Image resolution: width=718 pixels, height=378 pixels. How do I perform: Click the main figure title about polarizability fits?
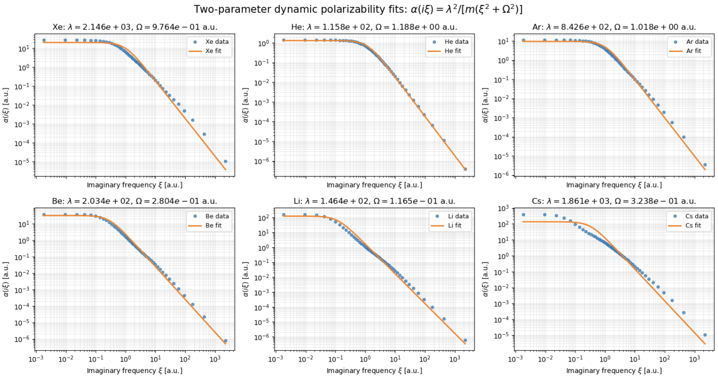(x=358, y=10)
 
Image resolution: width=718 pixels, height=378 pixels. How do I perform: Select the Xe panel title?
(x=135, y=27)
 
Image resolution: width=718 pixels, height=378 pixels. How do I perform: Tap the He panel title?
(x=374, y=27)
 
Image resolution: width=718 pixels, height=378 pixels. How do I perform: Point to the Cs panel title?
(x=614, y=201)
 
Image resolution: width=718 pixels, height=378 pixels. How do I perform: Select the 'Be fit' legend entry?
(x=208, y=226)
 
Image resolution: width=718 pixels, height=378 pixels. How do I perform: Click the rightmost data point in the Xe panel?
(x=226, y=162)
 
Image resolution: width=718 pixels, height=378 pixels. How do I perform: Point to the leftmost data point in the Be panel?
(x=44, y=215)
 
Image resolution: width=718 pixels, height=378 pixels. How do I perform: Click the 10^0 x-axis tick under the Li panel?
(x=365, y=358)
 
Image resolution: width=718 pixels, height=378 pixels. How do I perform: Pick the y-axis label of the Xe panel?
(x=6, y=105)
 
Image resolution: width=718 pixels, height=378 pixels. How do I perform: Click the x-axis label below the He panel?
(x=374, y=185)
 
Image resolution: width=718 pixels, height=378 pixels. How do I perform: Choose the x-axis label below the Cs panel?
(x=614, y=371)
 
